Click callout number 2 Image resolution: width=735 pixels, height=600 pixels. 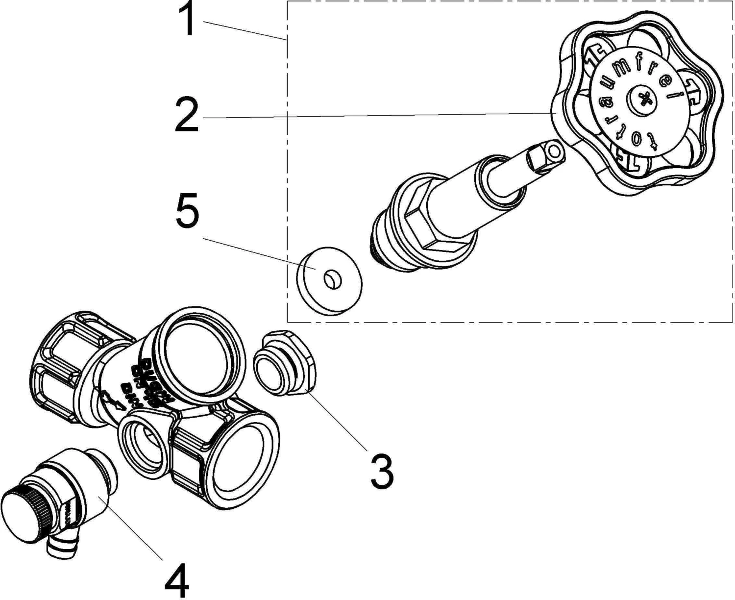[x=187, y=116]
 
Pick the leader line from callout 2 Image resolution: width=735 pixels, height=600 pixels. [x=372, y=115]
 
